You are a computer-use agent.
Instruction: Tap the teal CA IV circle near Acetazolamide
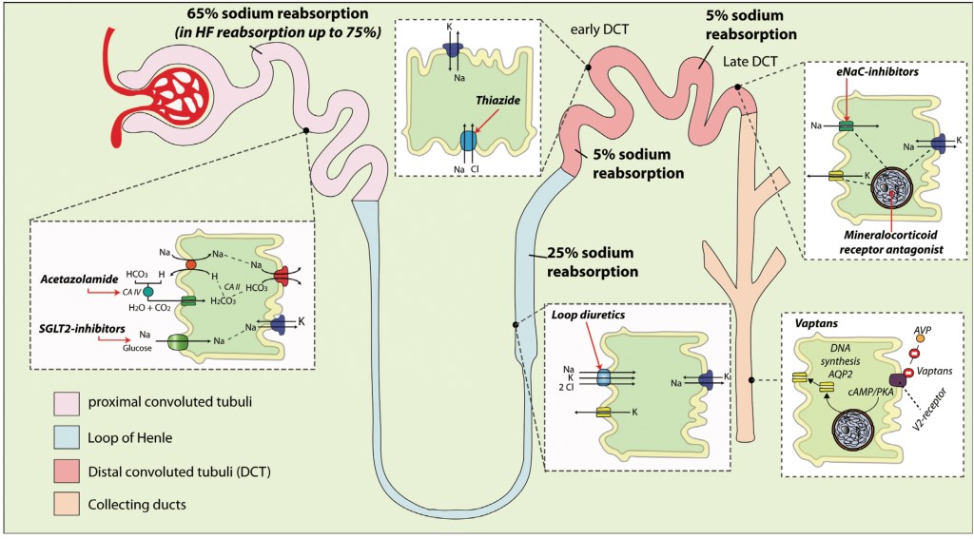[148, 290]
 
